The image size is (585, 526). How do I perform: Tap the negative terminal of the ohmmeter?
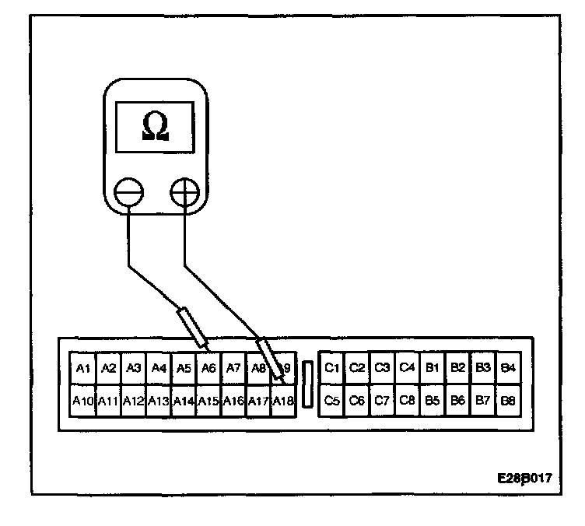(x=128, y=191)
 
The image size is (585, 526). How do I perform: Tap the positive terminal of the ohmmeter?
(x=184, y=191)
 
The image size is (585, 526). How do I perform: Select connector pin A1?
(x=84, y=368)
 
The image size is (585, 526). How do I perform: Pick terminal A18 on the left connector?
(x=282, y=402)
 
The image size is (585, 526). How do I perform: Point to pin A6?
(x=208, y=368)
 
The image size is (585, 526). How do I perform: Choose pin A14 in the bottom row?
(x=183, y=402)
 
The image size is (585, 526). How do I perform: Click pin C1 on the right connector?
(x=332, y=367)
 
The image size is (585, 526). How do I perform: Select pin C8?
(x=407, y=402)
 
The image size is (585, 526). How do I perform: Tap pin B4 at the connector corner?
(x=508, y=367)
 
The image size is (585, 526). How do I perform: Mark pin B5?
(x=433, y=402)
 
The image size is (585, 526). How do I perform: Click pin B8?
(x=508, y=402)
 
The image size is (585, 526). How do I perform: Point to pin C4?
(x=407, y=367)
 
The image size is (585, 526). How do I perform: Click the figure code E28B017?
(x=525, y=478)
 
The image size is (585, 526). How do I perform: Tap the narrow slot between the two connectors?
(x=308, y=384)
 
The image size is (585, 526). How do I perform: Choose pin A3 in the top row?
(x=134, y=368)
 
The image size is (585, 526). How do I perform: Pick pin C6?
(x=357, y=402)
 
